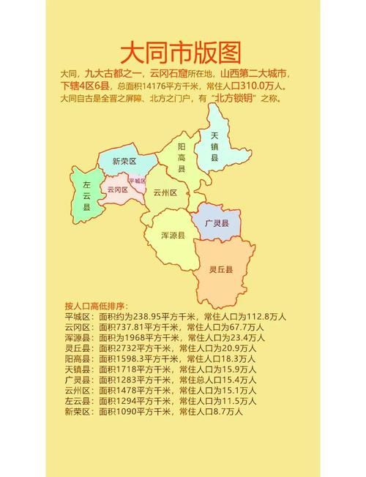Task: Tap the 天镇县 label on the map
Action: (x=214, y=146)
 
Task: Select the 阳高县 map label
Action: (x=182, y=157)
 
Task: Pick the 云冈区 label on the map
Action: (x=117, y=189)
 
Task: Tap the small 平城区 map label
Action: (x=137, y=180)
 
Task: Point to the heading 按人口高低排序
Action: (x=96, y=306)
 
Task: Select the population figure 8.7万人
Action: (x=224, y=412)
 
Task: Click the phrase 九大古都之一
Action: (x=113, y=74)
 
